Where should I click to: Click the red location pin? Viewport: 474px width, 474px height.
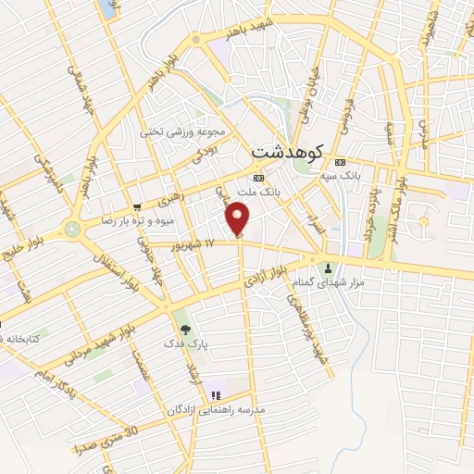[x=239, y=219]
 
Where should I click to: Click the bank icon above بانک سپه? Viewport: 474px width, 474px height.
[x=339, y=158]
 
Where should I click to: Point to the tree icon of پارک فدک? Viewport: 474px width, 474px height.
[x=185, y=329]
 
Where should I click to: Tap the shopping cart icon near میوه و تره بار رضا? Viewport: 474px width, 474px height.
[x=137, y=207]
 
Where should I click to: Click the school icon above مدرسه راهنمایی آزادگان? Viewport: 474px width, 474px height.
[x=216, y=395]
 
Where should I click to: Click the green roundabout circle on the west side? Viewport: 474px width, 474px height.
[x=73, y=228]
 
